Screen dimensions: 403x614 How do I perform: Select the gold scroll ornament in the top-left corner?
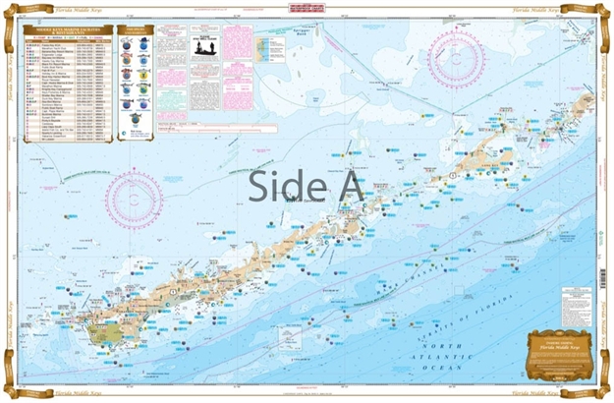click(x=12, y=12)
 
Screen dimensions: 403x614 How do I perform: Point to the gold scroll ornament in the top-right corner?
click(x=601, y=12)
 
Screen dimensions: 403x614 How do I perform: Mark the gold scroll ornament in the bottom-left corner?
click(x=12, y=390)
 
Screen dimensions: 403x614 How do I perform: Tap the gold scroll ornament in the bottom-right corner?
click(x=601, y=390)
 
